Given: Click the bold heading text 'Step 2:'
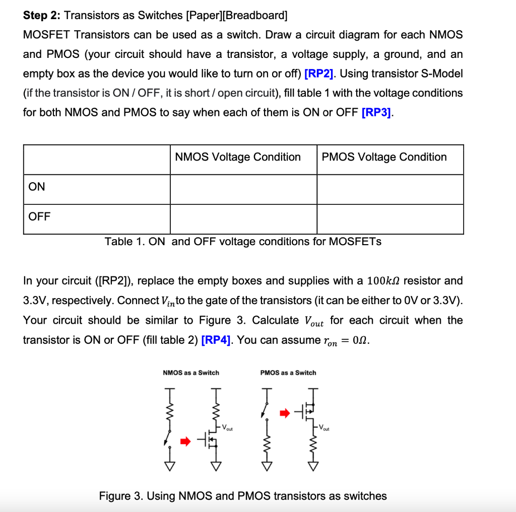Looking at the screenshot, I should point(42,15).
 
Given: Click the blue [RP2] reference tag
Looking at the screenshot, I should point(320,74).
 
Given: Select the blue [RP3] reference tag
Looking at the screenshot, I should point(377,112).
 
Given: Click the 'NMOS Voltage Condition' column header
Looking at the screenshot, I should point(238,157).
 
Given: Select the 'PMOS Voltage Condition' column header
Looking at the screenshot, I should point(384,157).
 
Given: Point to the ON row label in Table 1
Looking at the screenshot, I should point(37,187).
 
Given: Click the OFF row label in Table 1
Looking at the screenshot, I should point(39,216).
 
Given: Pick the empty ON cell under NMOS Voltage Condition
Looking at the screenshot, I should point(243,189).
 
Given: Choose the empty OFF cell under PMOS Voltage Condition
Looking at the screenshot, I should point(390,219).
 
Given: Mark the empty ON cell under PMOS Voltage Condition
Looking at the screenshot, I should point(390,189).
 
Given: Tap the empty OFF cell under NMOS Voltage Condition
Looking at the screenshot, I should point(243,219).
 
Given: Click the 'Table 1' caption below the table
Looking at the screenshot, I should point(243,242).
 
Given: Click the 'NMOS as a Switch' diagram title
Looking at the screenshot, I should point(191,373).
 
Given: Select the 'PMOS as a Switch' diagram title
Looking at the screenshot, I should point(288,373).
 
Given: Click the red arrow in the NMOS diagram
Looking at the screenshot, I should point(186,442).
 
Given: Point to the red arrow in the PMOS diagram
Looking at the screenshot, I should point(285,413).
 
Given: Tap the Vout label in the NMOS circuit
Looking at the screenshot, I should point(228,428).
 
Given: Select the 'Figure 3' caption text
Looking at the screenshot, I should point(243,496).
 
